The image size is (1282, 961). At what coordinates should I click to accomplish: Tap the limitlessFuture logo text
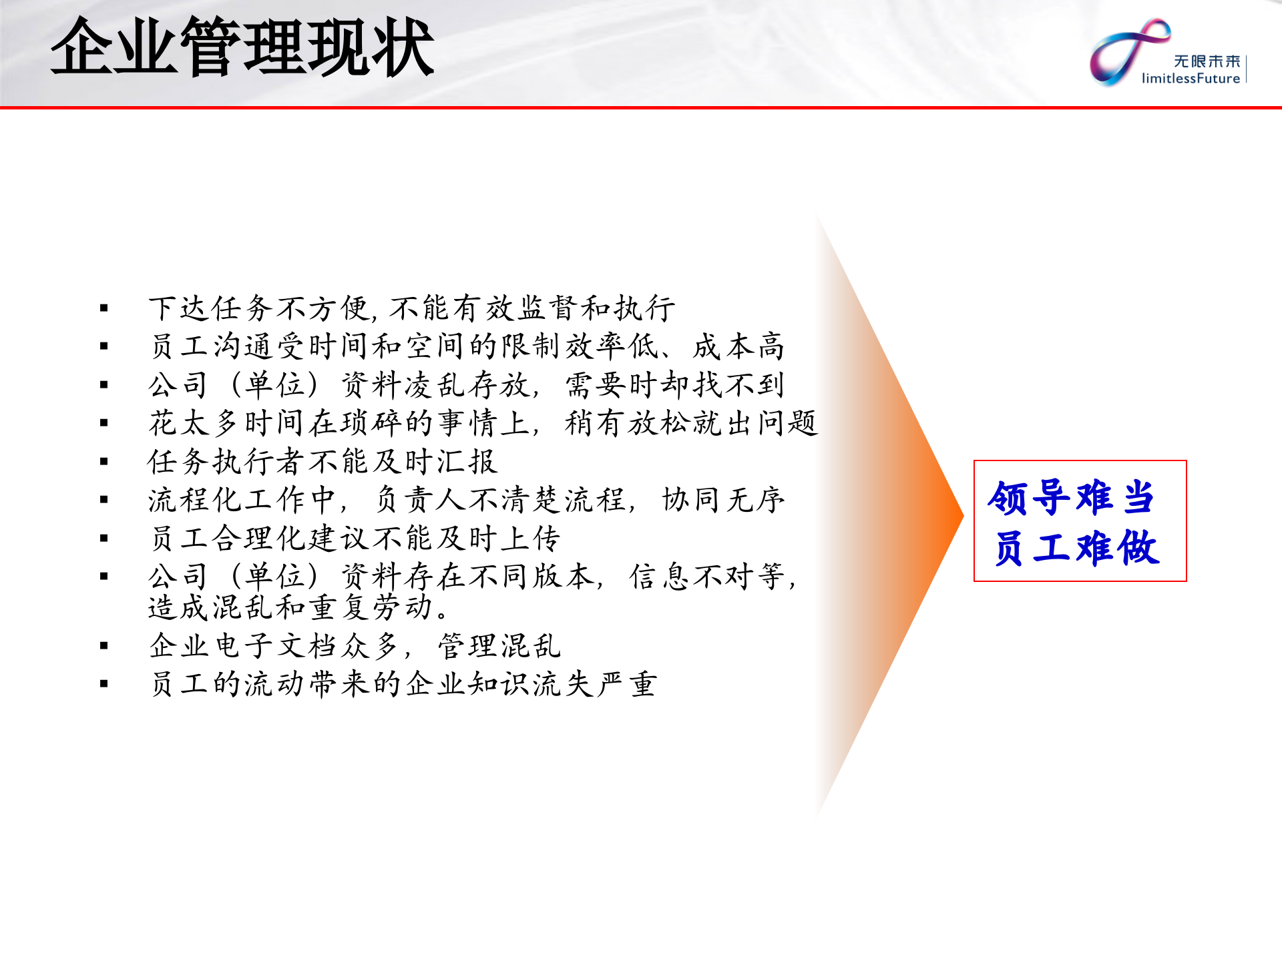1191,79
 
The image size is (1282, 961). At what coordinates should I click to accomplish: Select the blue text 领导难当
1071,498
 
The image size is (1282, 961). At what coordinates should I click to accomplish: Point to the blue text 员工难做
1076,549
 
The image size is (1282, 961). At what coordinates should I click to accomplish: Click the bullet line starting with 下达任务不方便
411,308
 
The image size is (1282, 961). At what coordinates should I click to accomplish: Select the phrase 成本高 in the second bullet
738,346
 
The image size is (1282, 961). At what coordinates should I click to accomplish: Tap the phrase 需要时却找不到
674,385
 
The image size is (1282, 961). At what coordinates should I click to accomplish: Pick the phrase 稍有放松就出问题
690,423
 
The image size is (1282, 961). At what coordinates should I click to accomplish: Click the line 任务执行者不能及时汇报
323,462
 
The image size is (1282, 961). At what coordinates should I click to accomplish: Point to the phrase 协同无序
723,500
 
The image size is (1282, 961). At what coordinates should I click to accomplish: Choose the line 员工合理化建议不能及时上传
355,539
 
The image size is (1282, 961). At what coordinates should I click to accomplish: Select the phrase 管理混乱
499,646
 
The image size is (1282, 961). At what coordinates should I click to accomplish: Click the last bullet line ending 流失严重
403,685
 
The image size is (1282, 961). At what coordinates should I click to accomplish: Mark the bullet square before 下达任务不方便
104,308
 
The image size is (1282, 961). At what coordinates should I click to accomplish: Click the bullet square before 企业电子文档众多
104,646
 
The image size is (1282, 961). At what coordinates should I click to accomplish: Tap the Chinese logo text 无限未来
1207,61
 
